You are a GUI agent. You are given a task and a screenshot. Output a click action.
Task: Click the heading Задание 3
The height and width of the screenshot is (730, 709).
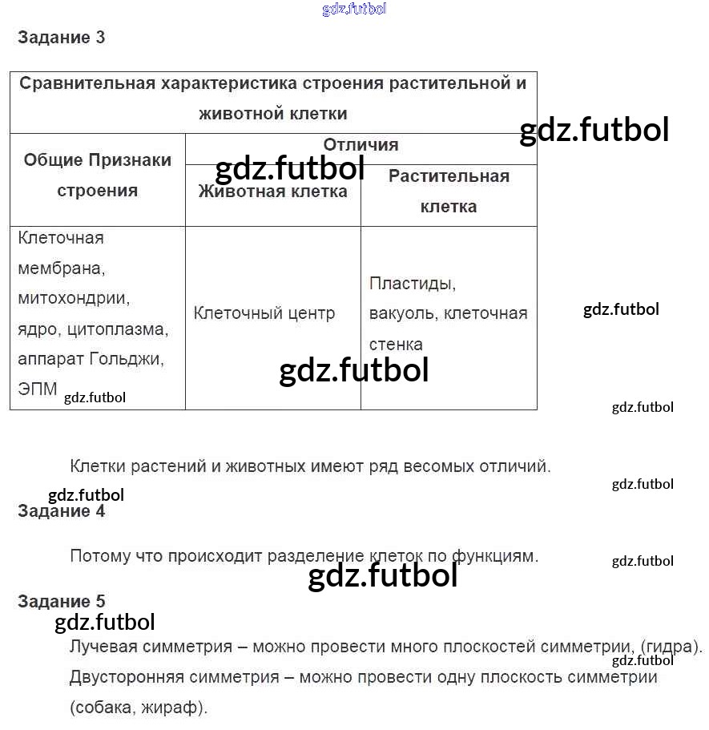pyautogui.click(x=61, y=38)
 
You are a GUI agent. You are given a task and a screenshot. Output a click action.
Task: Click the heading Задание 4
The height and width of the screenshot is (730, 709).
pyautogui.click(x=61, y=511)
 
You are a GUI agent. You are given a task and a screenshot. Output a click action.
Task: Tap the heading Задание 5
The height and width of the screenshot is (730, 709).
pyautogui.click(x=61, y=602)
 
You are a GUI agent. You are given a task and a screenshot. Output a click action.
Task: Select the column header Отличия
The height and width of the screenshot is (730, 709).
pyautogui.click(x=361, y=145)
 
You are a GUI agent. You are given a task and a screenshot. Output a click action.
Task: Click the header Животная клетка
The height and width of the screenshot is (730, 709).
pyautogui.click(x=272, y=192)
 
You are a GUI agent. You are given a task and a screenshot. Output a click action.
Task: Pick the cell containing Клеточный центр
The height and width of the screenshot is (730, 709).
pyautogui.click(x=264, y=313)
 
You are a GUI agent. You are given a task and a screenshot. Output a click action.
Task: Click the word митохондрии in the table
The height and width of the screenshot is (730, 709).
pyautogui.click(x=73, y=298)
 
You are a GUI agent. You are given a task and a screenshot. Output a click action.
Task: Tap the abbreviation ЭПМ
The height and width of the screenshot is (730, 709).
pyautogui.click(x=38, y=389)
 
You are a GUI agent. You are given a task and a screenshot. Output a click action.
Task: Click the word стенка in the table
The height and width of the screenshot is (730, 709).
pyautogui.click(x=396, y=345)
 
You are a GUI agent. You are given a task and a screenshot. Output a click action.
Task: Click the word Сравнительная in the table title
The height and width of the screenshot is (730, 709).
pyautogui.click(x=86, y=83)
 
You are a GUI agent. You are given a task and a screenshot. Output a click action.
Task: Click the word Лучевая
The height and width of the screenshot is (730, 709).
pyautogui.click(x=104, y=647)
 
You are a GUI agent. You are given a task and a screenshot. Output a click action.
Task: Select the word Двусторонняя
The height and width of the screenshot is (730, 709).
pyautogui.click(x=126, y=677)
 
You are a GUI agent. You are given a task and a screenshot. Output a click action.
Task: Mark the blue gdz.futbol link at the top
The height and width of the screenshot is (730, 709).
pyautogui.click(x=354, y=9)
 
